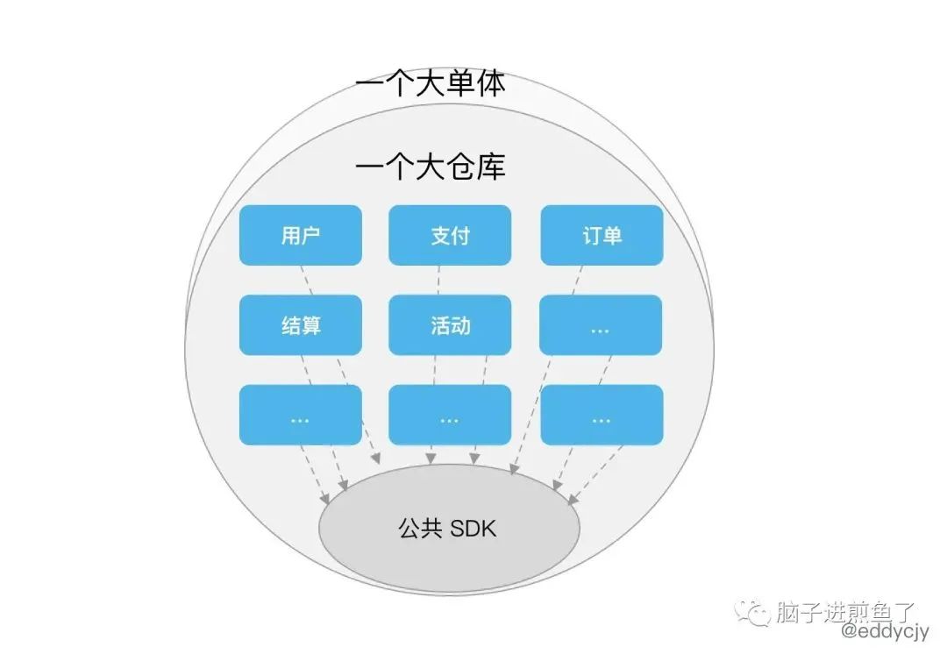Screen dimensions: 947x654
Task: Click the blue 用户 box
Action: click(x=300, y=235)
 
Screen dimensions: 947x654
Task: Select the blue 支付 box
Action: click(x=450, y=235)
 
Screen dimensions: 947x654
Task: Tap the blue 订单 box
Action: click(x=602, y=235)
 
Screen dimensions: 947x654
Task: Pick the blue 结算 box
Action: click(x=300, y=325)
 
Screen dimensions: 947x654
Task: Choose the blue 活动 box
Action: click(x=450, y=325)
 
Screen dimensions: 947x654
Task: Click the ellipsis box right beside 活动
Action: click(x=601, y=325)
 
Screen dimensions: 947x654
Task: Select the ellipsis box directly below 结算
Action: click(x=300, y=415)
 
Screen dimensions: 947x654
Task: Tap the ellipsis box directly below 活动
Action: click(x=450, y=415)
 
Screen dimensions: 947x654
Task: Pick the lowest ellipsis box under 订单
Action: click(x=602, y=415)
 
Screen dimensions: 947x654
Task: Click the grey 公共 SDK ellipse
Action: click(x=449, y=529)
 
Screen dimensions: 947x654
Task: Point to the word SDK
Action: click(x=473, y=529)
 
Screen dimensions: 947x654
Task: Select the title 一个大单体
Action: click(x=430, y=83)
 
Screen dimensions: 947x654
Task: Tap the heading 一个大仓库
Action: click(x=430, y=166)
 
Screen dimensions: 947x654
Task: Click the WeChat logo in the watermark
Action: click(x=752, y=613)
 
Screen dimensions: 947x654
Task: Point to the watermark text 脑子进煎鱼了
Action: click(x=845, y=612)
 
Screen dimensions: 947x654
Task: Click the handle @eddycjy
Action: click(x=886, y=632)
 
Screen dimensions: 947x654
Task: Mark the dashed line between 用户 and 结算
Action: click(x=307, y=281)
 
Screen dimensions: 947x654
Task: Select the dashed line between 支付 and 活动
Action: click(x=438, y=281)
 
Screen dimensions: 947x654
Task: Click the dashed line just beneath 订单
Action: click(x=577, y=281)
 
